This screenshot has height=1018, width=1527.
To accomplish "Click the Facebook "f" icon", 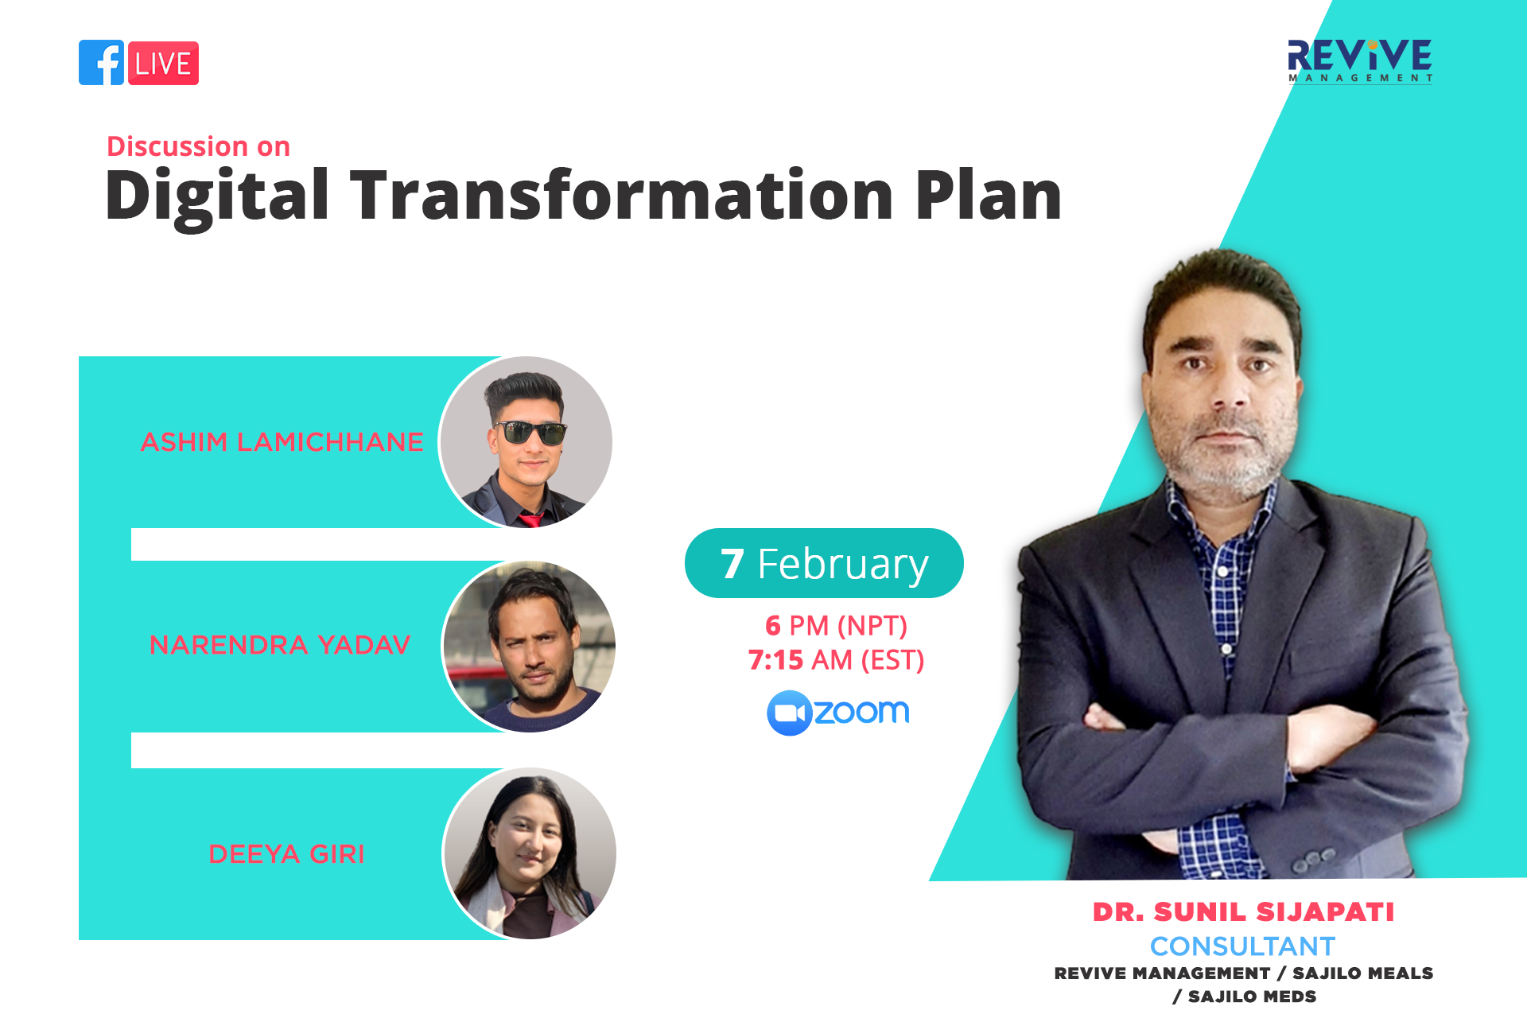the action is click(x=102, y=63).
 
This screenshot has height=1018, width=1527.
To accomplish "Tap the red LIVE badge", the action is click(x=163, y=63).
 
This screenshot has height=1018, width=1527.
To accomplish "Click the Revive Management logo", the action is click(x=1360, y=60).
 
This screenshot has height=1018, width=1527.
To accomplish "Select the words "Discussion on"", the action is click(x=199, y=146).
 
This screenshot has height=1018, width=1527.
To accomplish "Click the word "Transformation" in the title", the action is click(x=622, y=195).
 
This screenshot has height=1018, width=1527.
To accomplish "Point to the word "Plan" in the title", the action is click(x=989, y=195).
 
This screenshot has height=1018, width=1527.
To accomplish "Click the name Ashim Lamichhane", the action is click(x=282, y=441).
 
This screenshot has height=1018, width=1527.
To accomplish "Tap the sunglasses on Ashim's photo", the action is click(x=530, y=433).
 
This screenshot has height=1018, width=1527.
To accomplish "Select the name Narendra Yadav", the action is click(x=280, y=644).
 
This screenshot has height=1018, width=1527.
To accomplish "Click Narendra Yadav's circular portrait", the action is click(x=529, y=647).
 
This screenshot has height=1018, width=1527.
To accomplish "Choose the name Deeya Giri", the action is click(x=286, y=853).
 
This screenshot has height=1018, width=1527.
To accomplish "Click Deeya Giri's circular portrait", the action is click(x=530, y=853).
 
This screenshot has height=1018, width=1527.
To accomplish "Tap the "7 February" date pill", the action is click(x=824, y=563).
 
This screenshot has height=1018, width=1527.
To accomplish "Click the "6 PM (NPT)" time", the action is click(x=836, y=626).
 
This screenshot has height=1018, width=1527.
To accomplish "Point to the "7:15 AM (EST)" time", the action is click(x=836, y=660).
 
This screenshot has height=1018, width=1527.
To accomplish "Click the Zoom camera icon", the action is click(x=789, y=713).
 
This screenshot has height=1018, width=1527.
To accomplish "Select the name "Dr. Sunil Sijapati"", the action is click(x=1243, y=911).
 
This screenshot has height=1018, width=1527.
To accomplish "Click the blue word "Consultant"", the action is click(x=1242, y=946).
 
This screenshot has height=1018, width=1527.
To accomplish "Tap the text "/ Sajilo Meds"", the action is click(x=1244, y=997).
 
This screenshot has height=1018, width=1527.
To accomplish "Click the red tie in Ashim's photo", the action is click(x=530, y=520).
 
